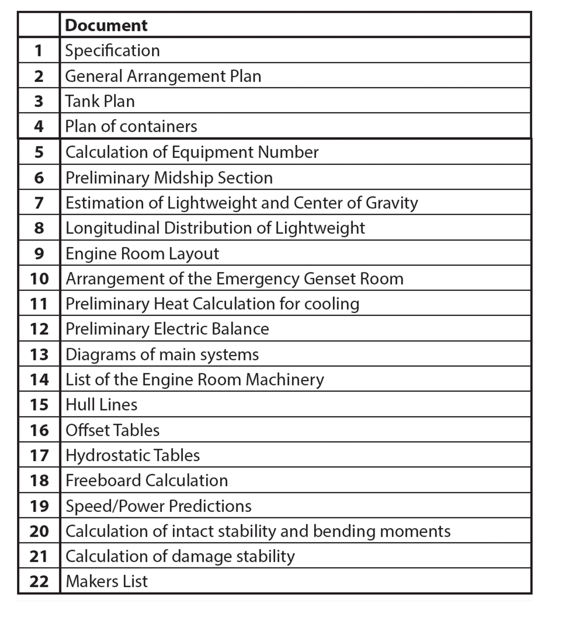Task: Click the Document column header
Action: tap(106, 25)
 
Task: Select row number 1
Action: tap(38, 50)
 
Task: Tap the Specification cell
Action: tap(112, 50)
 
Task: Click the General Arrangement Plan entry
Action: tap(163, 76)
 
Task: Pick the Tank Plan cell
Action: tap(100, 101)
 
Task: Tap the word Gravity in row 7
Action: tap(391, 203)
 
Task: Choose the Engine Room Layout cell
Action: tap(142, 253)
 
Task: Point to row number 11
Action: tap(38, 304)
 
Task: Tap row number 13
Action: tap(38, 354)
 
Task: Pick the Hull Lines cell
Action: tap(101, 405)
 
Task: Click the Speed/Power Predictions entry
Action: tap(158, 506)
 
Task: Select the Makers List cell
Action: tap(107, 581)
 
